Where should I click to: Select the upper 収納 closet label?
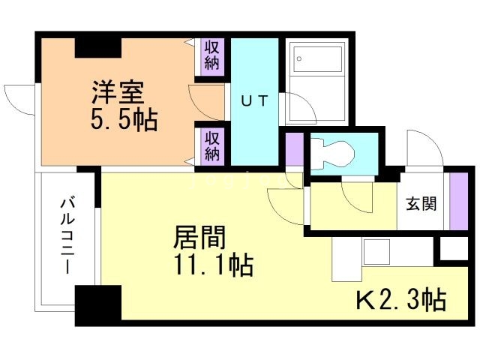212,55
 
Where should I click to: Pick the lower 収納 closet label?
212,145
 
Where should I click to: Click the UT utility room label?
253,100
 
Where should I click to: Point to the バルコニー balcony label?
66,236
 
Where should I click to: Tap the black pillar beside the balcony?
97,305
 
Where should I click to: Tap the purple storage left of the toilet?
294,149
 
